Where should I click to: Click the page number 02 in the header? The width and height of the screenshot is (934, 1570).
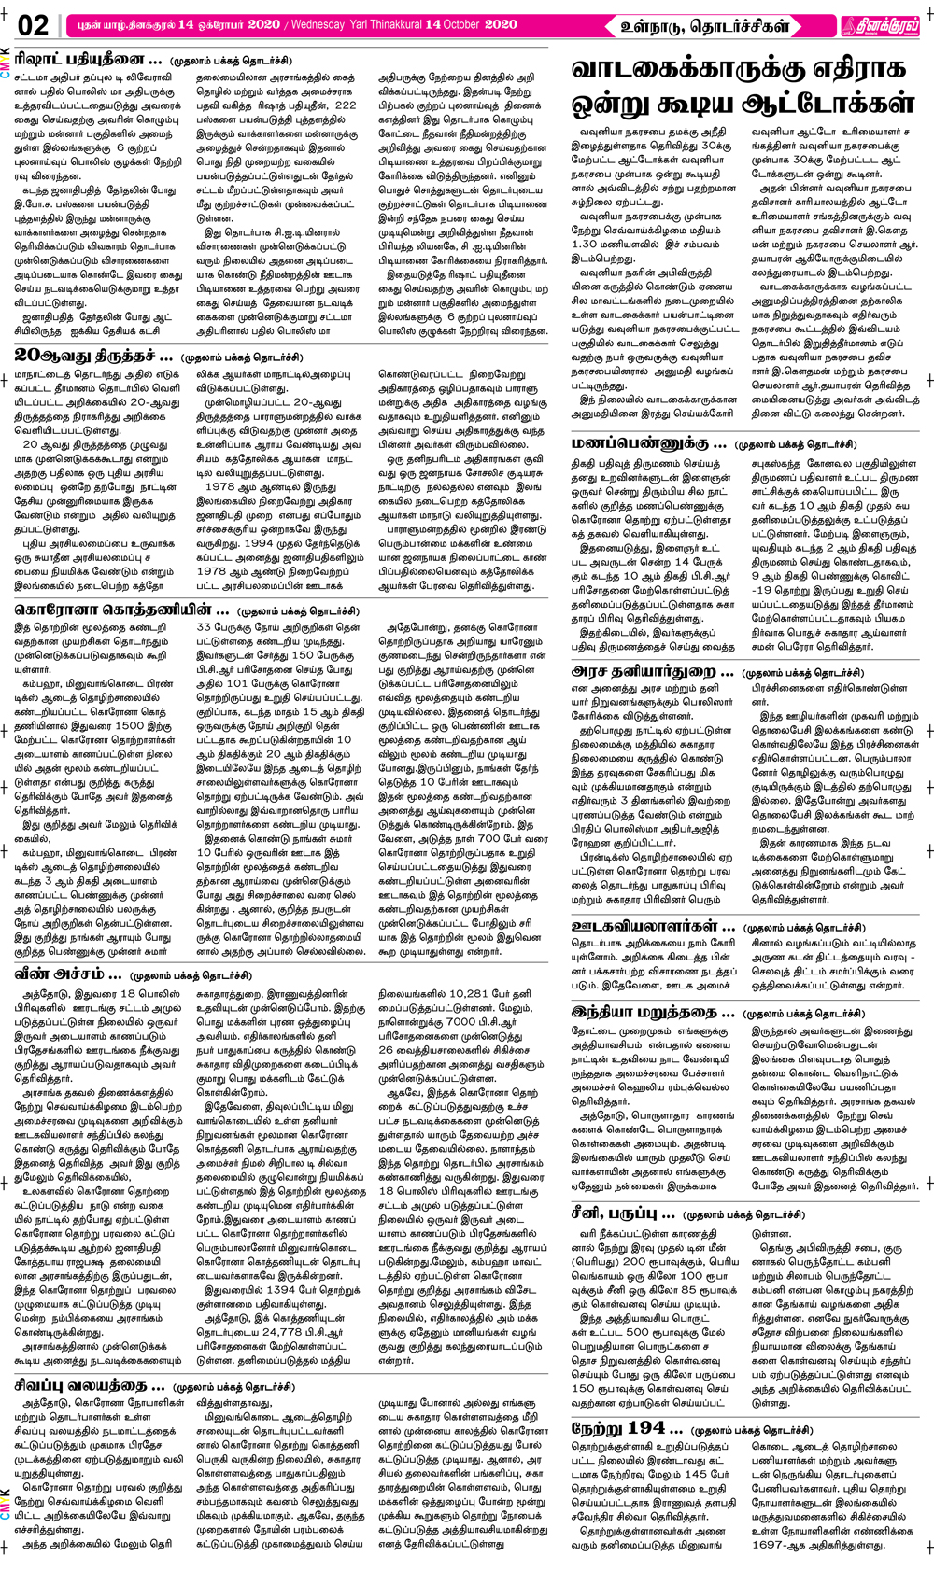pyautogui.click(x=33, y=25)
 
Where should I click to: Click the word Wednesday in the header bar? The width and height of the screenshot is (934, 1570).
pyautogui.click(x=322, y=24)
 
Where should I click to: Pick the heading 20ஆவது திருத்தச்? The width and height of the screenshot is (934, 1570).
pyautogui.click(x=93, y=356)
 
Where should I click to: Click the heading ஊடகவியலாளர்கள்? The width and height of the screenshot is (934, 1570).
pyautogui.click(x=653, y=926)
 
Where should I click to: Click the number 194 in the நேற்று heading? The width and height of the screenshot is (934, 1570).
pyautogui.click(x=646, y=1428)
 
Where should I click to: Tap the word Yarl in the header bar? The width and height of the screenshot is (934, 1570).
pyautogui.click(x=362, y=24)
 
